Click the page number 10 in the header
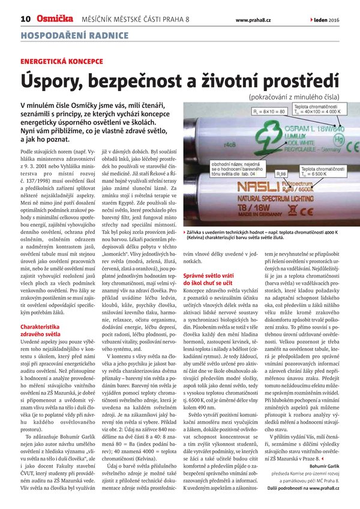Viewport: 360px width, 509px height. (25, 19)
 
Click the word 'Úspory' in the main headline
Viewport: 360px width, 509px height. (53, 82)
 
